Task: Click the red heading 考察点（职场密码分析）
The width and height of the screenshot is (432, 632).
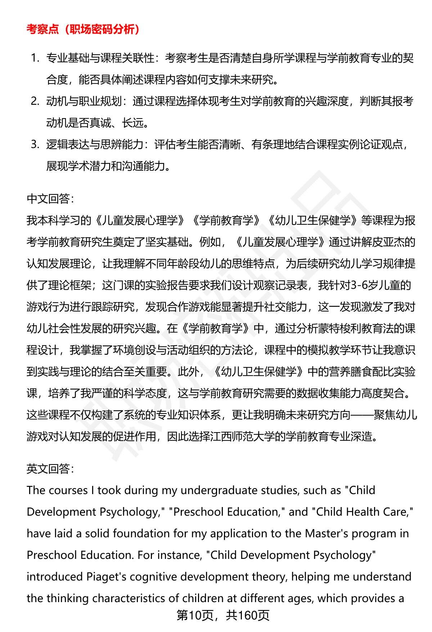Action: [x=83, y=29]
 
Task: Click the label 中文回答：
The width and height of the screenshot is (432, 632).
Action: [x=50, y=198]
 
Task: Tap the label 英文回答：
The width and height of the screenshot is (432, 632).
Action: [x=50, y=469]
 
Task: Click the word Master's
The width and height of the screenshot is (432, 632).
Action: [x=327, y=533]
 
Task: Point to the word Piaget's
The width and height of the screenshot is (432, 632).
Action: [x=106, y=577]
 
